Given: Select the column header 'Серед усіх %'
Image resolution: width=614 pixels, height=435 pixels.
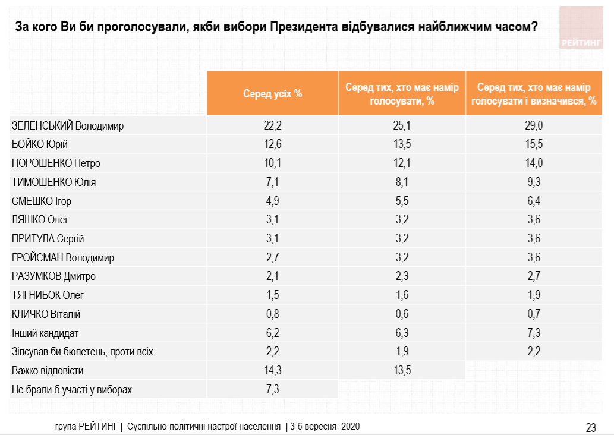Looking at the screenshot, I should point(273,94).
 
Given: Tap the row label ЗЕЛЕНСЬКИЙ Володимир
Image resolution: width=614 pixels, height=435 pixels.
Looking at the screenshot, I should point(68,125).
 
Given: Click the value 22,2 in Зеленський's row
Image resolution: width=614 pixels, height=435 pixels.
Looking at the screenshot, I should point(273,125).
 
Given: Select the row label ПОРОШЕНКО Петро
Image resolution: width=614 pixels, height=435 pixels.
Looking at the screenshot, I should point(56,163).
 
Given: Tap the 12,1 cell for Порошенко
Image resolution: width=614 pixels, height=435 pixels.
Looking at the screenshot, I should point(402,163).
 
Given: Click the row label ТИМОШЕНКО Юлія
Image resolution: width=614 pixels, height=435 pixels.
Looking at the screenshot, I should point(54,182).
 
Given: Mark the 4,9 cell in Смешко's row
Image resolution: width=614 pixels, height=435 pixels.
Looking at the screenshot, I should point(273,201).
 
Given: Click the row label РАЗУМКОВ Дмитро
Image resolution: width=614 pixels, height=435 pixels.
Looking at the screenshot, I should point(53,276).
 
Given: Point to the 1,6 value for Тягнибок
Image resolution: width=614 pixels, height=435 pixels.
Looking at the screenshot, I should point(402,295).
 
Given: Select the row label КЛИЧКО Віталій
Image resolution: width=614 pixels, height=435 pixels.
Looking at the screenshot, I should point(46,314).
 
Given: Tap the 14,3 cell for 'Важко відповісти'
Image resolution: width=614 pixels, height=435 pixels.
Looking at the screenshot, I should point(273,371).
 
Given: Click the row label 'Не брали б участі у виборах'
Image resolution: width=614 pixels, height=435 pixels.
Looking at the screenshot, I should point(71,390).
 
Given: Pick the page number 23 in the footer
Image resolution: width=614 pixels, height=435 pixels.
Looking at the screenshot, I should point(591,427).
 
